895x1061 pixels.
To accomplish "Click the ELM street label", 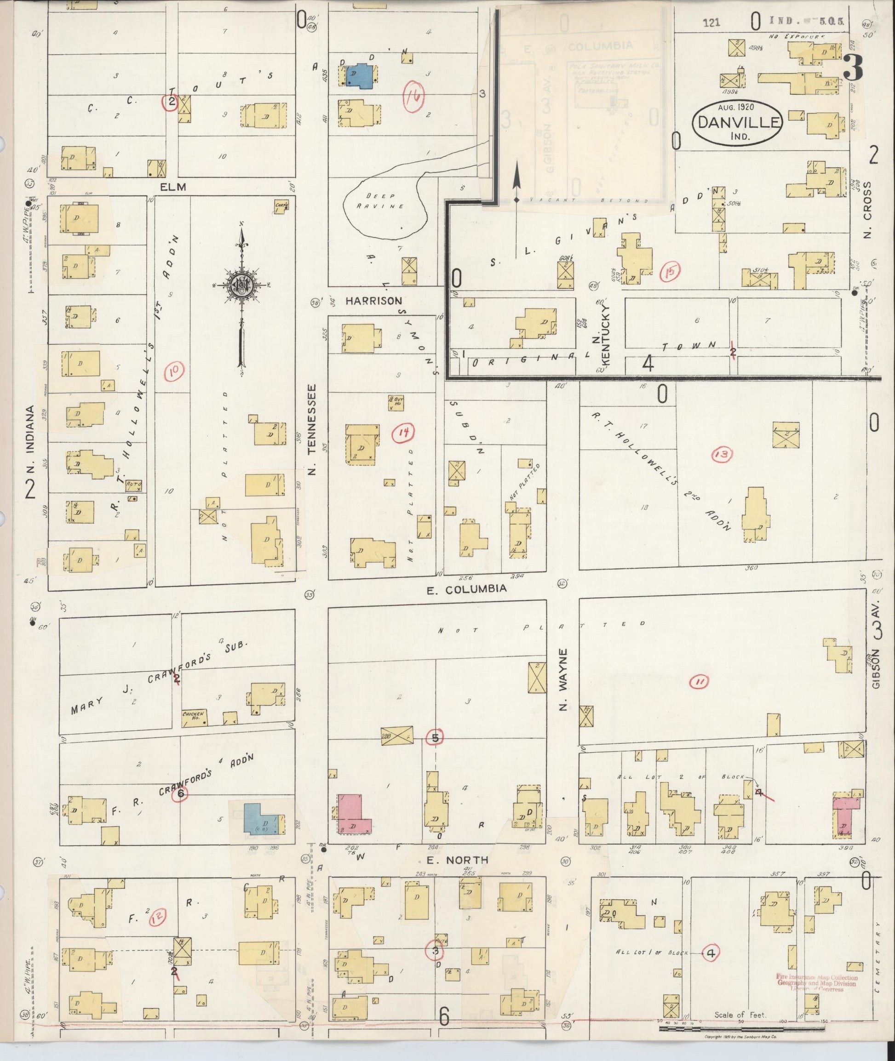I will pyautogui.click(x=173, y=187).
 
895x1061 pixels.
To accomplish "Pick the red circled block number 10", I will pyautogui.click(x=173, y=372).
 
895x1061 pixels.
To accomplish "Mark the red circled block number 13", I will pyautogui.click(x=723, y=455).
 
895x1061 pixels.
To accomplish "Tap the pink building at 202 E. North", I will pyautogui.click(x=351, y=814).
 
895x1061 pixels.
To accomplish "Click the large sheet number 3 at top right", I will pyautogui.click(x=854, y=68).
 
